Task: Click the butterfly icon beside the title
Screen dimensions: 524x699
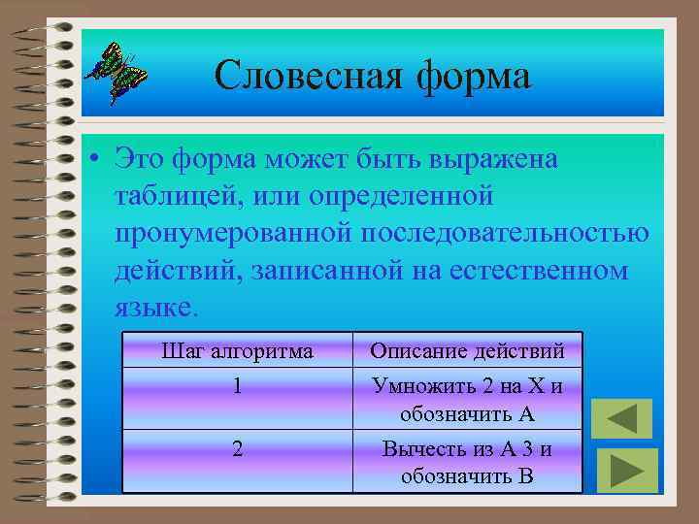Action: [115, 72]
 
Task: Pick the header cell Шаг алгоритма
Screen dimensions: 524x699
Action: [237, 350]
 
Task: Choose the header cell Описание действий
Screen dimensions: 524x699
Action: [467, 350]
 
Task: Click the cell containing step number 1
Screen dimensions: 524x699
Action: [237, 385]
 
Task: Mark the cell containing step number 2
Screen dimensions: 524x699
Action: [237, 448]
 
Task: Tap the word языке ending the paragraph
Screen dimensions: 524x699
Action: [153, 308]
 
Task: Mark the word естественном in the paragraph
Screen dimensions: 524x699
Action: [540, 270]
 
